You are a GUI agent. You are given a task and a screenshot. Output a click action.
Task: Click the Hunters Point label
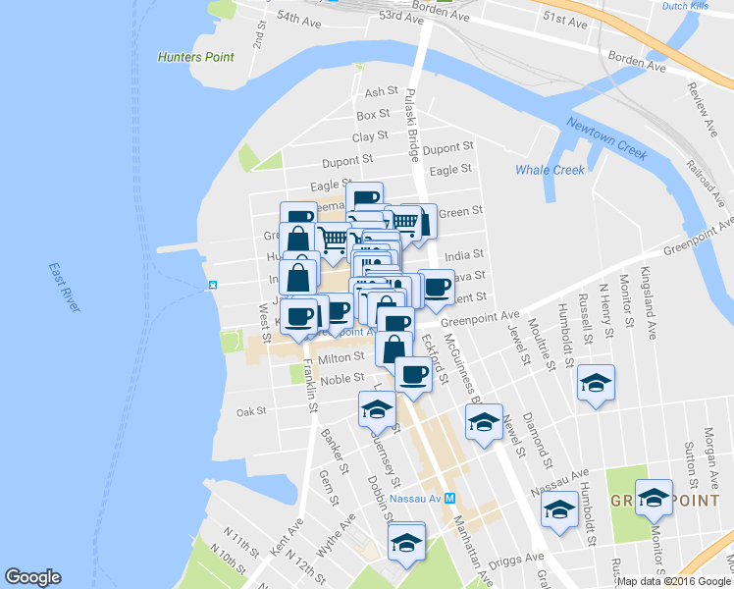[196, 57]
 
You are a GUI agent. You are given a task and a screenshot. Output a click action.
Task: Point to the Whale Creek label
[550, 170]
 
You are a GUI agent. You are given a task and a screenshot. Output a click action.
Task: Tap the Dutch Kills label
[687, 6]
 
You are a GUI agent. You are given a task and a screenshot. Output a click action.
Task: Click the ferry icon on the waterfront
[212, 286]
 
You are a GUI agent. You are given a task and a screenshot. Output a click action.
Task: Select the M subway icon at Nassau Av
[449, 498]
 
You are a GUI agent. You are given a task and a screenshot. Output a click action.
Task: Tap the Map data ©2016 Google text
[673, 581]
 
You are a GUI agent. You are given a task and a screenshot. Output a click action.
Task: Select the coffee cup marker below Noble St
[413, 375]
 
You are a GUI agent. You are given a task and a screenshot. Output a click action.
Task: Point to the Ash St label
[377, 92]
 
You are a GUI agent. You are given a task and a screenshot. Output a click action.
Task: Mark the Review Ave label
[701, 97]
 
